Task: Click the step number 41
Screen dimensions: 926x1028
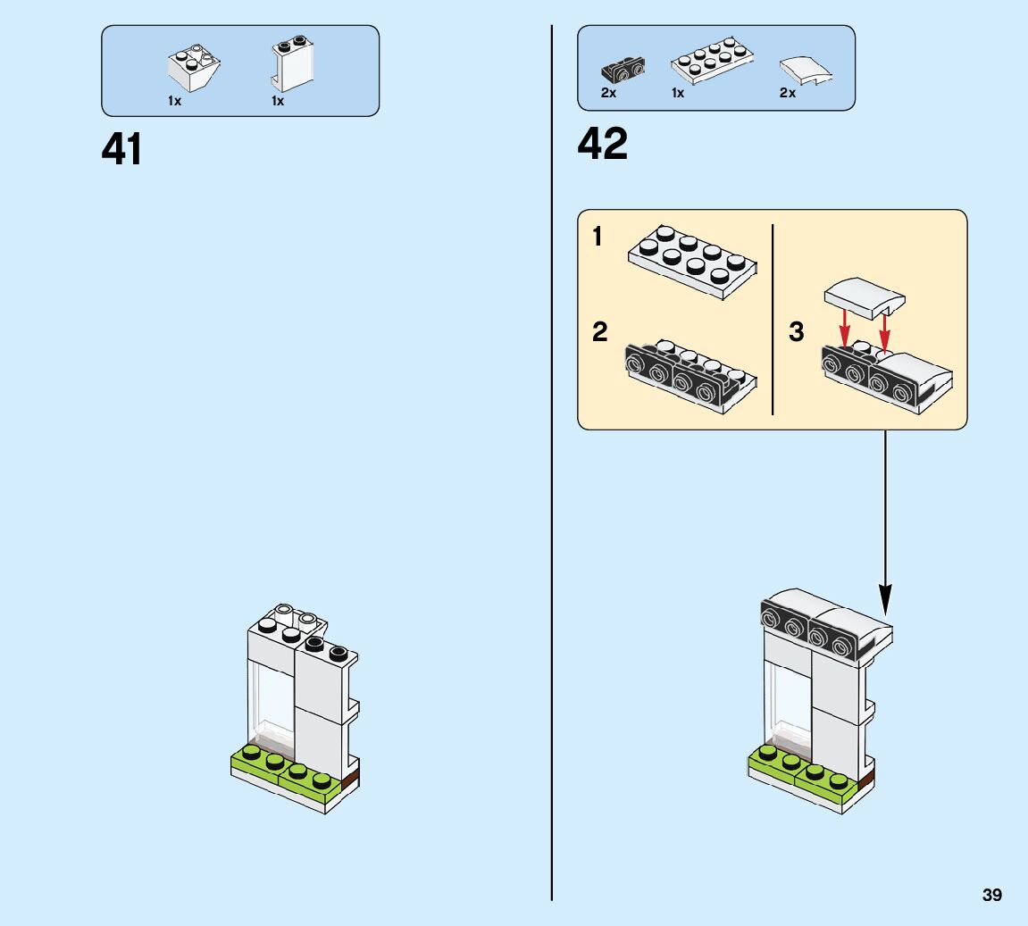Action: coord(121,149)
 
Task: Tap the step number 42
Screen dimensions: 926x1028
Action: coord(603,144)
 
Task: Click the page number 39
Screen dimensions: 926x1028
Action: coord(991,895)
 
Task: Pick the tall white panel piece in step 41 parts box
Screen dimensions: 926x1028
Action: coord(292,63)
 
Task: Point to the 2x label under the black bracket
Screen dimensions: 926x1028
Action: coord(608,93)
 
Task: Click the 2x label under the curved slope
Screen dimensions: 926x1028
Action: coord(787,93)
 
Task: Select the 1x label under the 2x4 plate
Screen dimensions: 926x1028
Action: coord(678,93)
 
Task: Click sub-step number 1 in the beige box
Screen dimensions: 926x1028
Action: coord(598,238)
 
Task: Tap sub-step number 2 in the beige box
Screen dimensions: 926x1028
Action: coord(599,332)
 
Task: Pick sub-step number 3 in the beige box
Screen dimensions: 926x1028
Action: coord(797,332)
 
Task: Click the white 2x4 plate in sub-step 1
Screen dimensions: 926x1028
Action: coord(692,259)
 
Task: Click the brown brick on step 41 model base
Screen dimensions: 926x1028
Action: coord(350,780)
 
